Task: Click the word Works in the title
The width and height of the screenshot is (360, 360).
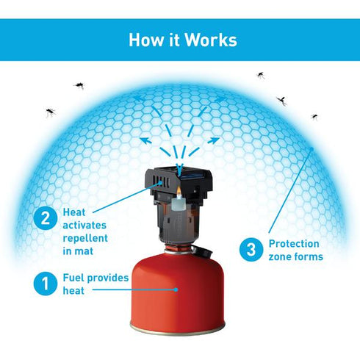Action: click(x=210, y=40)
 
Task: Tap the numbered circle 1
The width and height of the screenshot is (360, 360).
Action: click(x=46, y=284)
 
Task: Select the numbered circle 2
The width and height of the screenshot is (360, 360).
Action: click(x=46, y=218)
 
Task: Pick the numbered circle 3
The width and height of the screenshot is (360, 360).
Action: click(x=251, y=249)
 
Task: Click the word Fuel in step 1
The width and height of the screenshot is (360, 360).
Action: click(x=73, y=278)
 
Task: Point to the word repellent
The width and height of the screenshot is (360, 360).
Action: click(x=85, y=238)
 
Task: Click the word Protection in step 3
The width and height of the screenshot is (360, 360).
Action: click(x=294, y=244)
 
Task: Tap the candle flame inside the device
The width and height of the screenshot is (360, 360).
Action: click(x=179, y=191)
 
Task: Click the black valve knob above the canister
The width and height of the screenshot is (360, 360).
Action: click(x=202, y=251)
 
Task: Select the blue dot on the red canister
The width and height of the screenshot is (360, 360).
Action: click(x=176, y=289)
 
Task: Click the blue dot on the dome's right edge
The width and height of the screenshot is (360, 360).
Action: click(x=312, y=148)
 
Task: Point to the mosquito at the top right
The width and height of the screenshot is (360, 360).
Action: click(x=261, y=75)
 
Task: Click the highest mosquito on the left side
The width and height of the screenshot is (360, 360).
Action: click(x=79, y=86)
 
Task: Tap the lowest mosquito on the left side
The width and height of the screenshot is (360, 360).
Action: click(x=51, y=112)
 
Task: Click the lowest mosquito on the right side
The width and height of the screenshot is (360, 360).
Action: click(x=314, y=117)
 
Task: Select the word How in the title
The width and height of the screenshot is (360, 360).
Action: click(x=146, y=40)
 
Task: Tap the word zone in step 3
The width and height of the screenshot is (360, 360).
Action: click(x=280, y=256)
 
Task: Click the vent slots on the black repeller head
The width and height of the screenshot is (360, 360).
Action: click(x=162, y=181)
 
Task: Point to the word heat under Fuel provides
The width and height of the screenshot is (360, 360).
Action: click(x=73, y=291)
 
